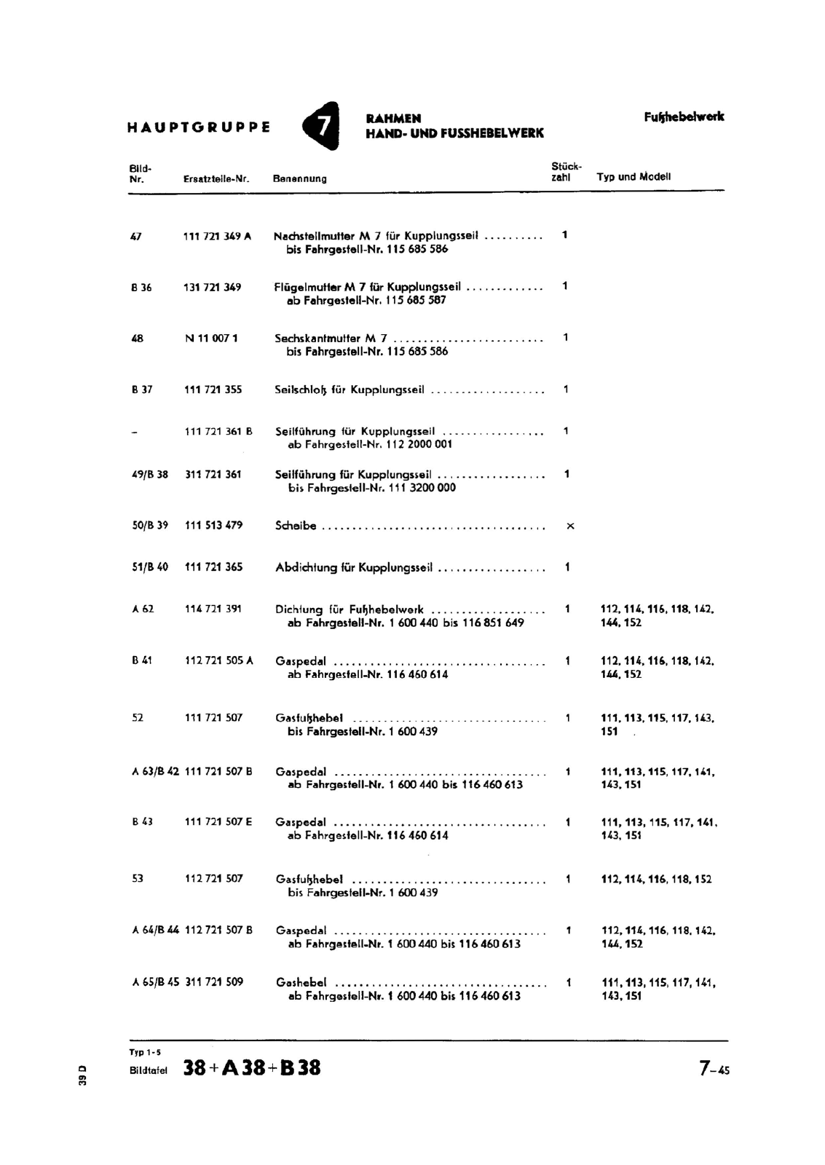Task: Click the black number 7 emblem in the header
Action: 322,126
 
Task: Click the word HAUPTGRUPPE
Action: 199,127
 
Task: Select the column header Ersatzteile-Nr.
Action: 217,178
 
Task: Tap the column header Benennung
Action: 299,178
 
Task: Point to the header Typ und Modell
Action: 633,177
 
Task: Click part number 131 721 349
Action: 213,287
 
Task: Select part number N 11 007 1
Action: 211,338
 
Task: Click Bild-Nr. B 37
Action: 142,390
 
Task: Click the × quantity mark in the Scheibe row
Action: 570,526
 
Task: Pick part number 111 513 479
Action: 213,525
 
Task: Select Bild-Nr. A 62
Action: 143,609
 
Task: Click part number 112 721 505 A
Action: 218,660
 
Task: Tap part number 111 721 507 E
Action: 218,822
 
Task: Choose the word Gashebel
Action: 301,982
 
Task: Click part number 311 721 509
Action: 213,982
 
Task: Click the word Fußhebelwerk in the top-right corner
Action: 684,117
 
